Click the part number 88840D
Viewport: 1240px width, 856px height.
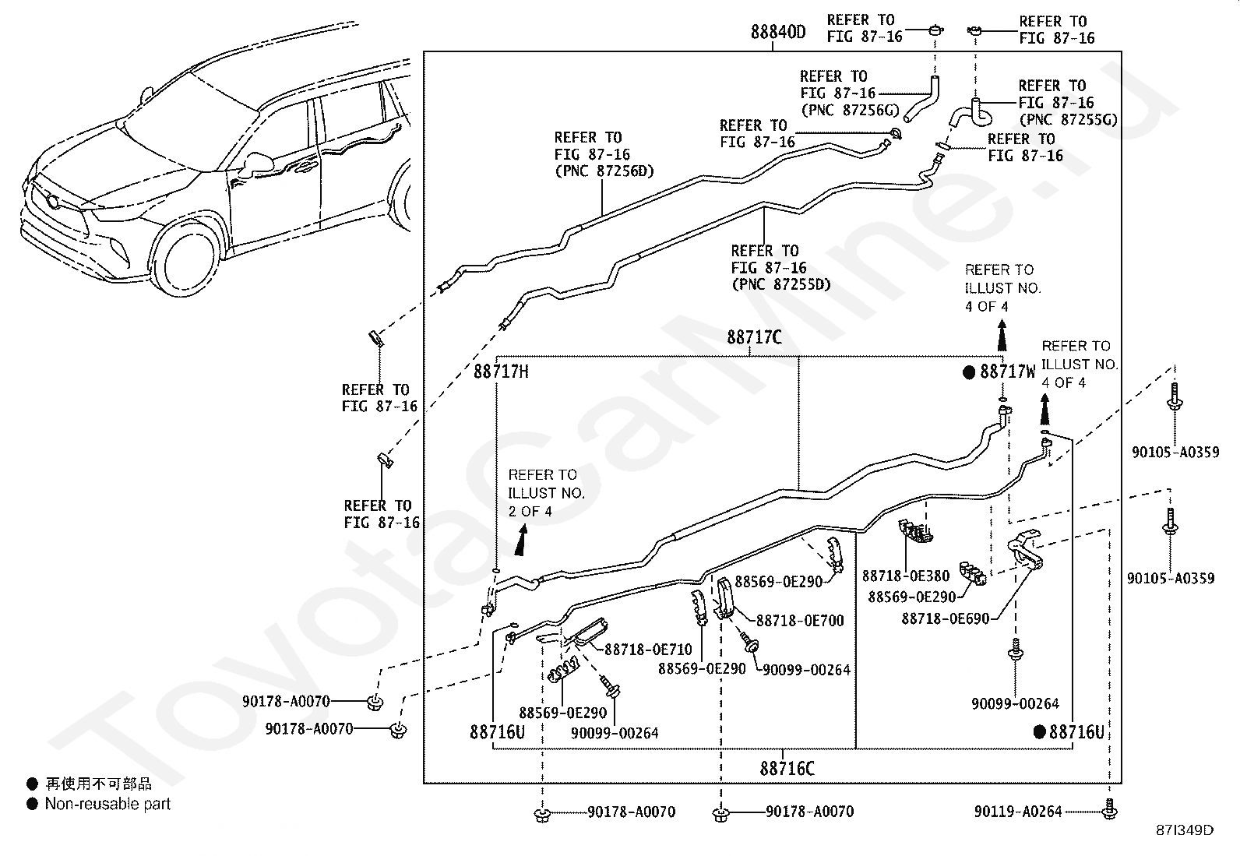pos(778,32)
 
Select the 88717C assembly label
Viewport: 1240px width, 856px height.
pos(754,337)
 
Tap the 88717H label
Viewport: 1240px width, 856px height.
pos(501,372)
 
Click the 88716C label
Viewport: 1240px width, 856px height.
pos(787,769)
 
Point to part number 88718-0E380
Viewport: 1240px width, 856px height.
pos(906,576)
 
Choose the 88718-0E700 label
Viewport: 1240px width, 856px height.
pos(800,621)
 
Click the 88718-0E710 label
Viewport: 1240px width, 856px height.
pos(648,650)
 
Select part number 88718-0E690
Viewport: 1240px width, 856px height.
pos(946,618)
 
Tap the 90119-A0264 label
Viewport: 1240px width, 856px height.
pos(1018,812)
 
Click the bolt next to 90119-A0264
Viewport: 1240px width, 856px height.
pos(1109,809)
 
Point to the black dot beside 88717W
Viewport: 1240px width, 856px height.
pos(969,372)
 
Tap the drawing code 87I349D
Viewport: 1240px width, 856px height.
pos(1185,830)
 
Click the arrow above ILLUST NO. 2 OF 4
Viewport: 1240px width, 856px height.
pos(521,540)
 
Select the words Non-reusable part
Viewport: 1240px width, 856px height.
pos(107,803)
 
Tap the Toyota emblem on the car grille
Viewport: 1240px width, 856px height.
pos(53,202)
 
